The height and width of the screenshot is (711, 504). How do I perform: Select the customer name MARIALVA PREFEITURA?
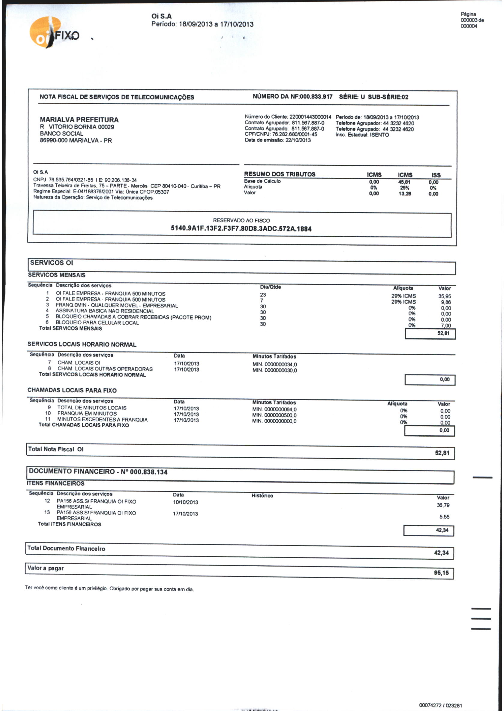coord(79,120)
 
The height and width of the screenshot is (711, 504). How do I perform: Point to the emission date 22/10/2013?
coord(298,140)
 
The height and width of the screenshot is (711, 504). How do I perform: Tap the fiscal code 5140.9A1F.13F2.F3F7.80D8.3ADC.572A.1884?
coord(241,228)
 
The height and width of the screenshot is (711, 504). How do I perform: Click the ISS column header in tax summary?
coord(436,175)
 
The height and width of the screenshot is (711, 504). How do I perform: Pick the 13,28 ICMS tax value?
coord(405,194)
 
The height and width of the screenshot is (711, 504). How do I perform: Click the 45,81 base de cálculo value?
coord(404,182)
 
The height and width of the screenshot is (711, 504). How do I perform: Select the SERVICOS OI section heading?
coord(52,263)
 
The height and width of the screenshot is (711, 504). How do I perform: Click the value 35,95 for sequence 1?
coord(444,296)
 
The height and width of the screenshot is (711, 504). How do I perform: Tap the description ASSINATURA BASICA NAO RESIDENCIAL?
coord(105,311)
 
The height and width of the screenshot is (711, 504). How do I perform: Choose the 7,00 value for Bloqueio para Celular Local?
coord(446,325)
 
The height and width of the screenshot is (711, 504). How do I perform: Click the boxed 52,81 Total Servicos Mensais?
coord(443,334)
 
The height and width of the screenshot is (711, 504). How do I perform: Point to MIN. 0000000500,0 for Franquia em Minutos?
coord(274,415)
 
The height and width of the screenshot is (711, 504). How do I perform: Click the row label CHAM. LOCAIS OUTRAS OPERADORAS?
coord(105,369)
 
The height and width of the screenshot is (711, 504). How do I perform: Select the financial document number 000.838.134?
coord(148,472)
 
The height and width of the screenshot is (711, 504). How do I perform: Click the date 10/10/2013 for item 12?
coord(185,502)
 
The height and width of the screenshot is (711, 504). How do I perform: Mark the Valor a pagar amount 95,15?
coord(441,573)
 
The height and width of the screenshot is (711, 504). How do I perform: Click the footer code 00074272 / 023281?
coord(440,705)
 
